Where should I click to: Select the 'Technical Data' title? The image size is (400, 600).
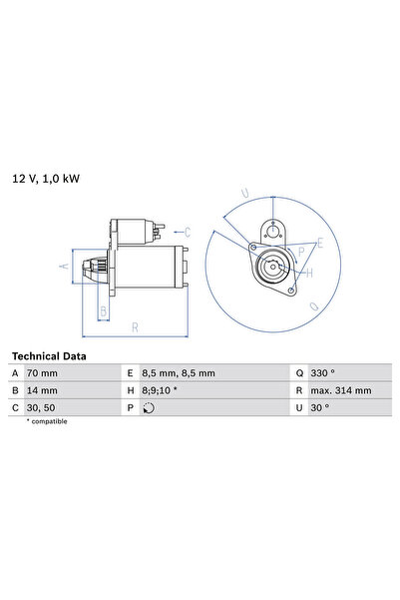(x=49, y=355)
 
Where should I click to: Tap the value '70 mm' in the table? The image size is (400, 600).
(x=45, y=372)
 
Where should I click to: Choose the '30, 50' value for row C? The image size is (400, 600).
(x=43, y=406)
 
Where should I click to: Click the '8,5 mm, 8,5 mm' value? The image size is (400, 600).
(x=179, y=372)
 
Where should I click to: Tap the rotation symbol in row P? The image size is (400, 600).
(x=149, y=407)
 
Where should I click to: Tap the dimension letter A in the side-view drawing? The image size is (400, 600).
(x=63, y=266)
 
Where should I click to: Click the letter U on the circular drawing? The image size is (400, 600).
(x=244, y=194)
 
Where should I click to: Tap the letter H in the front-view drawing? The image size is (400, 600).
(x=309, y=273)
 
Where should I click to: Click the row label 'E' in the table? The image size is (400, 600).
(x=131, y=372)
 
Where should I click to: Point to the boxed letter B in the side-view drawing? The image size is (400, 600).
(x=102, y=310)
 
